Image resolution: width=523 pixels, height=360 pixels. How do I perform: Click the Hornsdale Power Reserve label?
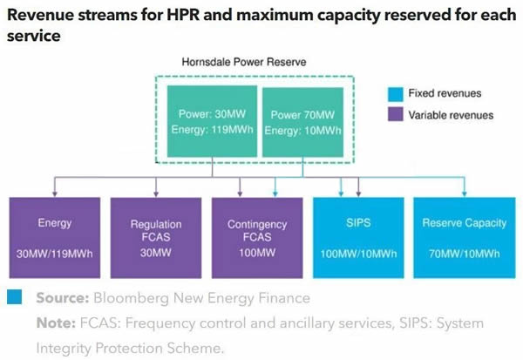click(244, 62)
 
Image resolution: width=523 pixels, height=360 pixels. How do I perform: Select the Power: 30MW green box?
click(212, 121)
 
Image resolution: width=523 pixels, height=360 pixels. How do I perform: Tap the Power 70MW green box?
click(302, 122)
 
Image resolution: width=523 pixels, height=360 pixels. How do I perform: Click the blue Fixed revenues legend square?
click(395, 94)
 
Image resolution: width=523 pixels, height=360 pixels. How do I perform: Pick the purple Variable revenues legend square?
click(395, 114)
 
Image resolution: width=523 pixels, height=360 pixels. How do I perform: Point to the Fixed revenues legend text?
click(445, 93)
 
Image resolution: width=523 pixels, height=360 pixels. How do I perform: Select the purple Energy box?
click(55, 238)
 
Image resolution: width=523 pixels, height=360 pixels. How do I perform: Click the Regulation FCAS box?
click(156, 238)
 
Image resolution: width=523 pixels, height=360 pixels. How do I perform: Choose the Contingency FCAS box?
click(257, 238)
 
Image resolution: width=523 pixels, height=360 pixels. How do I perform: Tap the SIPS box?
click(358, 238)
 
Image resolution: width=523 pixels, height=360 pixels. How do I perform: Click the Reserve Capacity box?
click(465, 238)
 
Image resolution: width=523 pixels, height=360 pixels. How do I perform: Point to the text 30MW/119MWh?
click(55, 254)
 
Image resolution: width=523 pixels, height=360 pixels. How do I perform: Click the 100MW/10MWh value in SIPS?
click(358, 254)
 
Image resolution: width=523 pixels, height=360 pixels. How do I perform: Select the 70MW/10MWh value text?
click(465, 254)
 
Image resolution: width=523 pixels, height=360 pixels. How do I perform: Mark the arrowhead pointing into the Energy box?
click(55, 194)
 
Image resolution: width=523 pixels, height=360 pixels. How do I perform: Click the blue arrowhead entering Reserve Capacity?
click(465, 194)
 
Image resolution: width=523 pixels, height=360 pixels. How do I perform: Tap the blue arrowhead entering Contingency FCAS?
click(275, 194)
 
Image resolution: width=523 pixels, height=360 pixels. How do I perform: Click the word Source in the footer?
click(63, 298)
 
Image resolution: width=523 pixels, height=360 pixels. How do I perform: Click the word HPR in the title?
click(183, 15)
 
